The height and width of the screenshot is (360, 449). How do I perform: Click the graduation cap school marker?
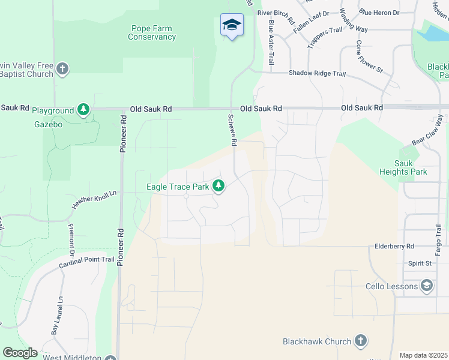[x=232, y=25]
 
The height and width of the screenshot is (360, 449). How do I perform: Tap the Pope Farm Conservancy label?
[x=152, y=32]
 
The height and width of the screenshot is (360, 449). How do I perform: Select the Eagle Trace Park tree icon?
[x=219, y=187]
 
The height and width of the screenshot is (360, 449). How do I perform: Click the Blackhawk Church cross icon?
[x=361, y=341]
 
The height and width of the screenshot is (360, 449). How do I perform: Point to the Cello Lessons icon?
[x=427, y=286]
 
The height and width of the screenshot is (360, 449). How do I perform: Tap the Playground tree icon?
[x=84, y=110]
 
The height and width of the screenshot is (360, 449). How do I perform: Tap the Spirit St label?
[x=420, y=263]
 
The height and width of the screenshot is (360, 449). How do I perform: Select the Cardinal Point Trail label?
[x=86, y=262]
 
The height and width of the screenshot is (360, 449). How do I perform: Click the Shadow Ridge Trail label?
[x=318, y=73]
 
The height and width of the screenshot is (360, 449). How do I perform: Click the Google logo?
[x=20, y=353]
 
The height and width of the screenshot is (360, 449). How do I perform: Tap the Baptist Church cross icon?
[x=62, y=69]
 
